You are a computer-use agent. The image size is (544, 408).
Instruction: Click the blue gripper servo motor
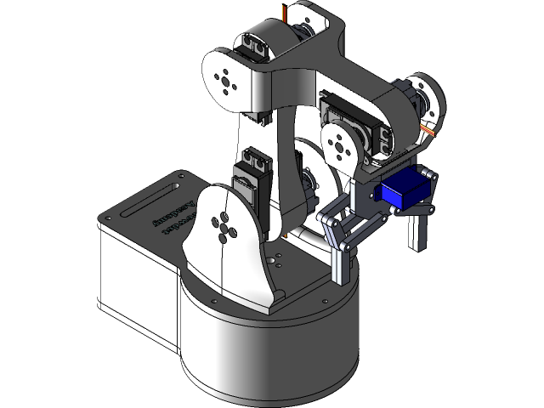pyautogui.click(x=401, y=191)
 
